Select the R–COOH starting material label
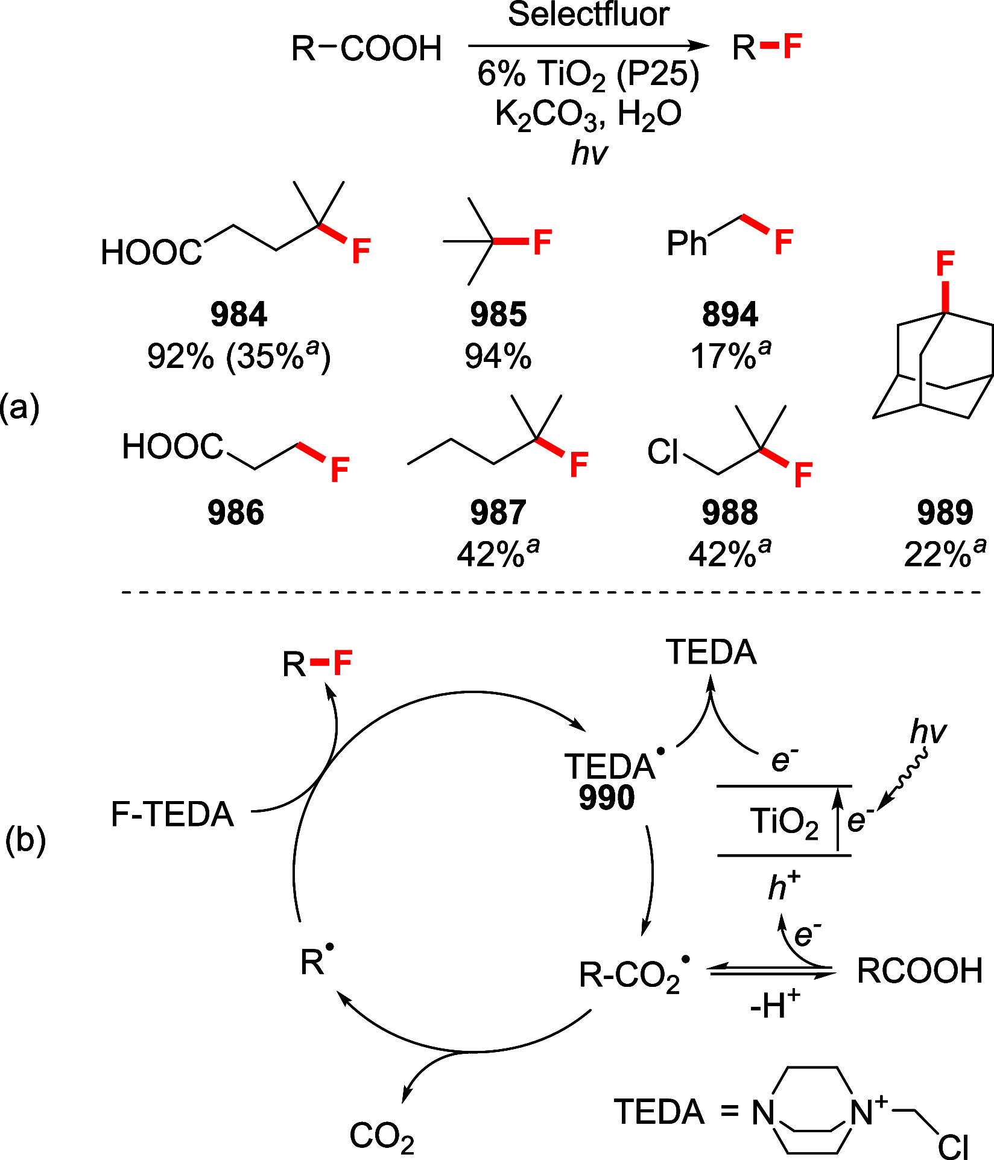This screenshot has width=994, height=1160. pyautogui.click(x=366, y=48)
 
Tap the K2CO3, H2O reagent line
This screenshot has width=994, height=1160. pyautogui.click(x=588, y=113)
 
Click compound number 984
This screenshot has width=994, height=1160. pyautogui.click(x=239, y=315)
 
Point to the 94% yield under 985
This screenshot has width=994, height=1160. pyautogui.click(x=498, y=357)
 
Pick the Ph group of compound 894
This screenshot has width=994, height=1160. pyautogui.click(x=686, y=244)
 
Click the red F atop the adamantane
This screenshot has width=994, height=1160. pyautogui.click(x=945, y=264)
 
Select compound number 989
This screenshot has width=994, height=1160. pyautogui.click(x=945, y=513)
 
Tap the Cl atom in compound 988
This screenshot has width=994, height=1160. pyautogui.click(x=663, y=452)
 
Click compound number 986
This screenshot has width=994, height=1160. pyautogui.click(x=236, y=513)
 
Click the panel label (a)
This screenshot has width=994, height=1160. pyautogui.click(x=20, y=408)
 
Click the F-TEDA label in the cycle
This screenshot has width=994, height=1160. pyautogui.click(x=173, y=814)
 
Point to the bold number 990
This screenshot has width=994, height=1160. pyautogui.click(x=607, y=797)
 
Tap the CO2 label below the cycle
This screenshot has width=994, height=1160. pyautogui.click(x=382, y=1135)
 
